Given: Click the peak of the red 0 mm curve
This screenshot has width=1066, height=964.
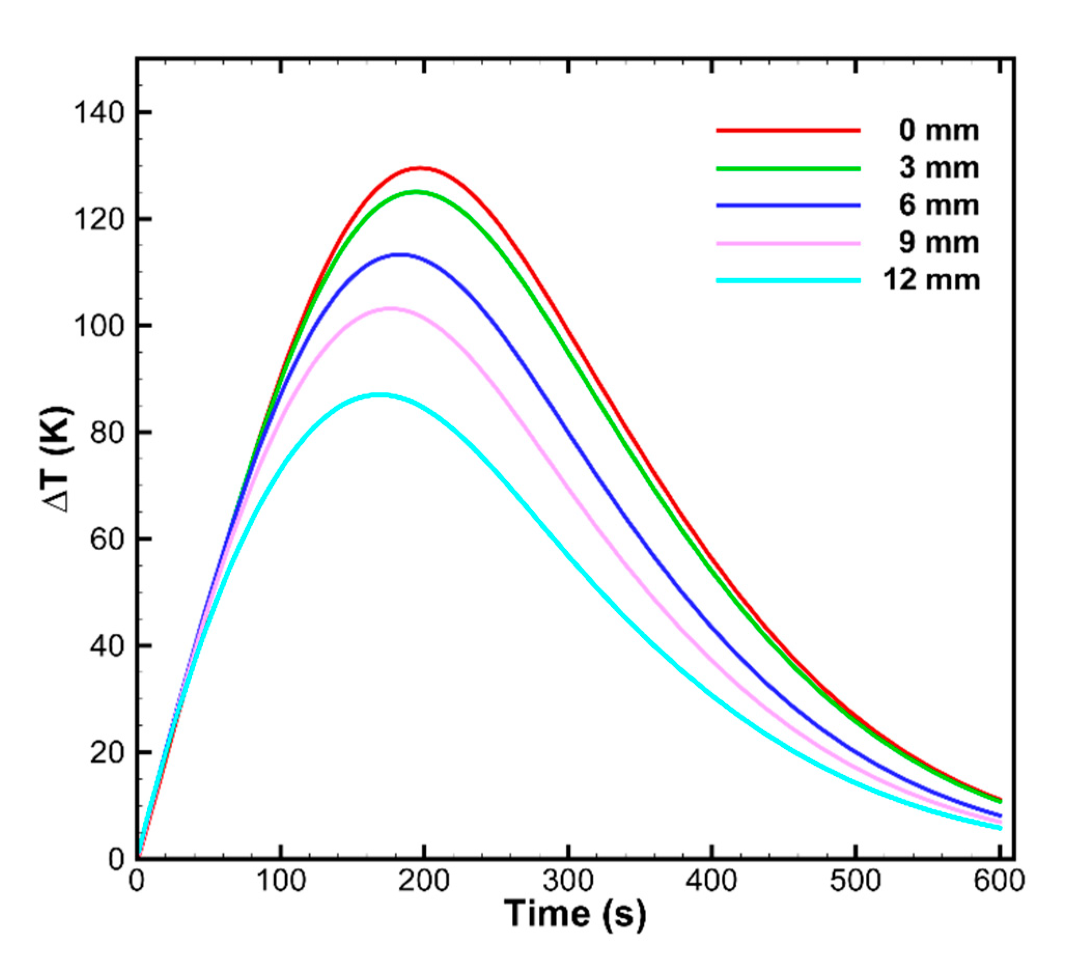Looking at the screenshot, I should coord(421,168).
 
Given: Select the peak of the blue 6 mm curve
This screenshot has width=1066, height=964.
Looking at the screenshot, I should coord(403,255).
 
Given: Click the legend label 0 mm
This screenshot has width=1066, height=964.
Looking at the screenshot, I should coord(938,130).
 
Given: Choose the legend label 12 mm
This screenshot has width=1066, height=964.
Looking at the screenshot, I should coord(931,280).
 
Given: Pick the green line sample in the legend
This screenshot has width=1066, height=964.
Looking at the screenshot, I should coord(788,168).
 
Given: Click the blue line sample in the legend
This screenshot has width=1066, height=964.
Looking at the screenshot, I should coord(788,205).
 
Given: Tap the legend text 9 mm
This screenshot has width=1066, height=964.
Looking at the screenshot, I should coord(938,243).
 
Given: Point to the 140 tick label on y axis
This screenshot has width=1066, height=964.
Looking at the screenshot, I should coord(99,113).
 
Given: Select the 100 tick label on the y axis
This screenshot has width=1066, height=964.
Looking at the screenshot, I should coord(99,326).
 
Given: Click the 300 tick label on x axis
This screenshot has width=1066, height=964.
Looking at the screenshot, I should coord(568,882).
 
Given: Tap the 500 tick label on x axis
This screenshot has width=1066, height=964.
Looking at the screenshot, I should coord(855,882).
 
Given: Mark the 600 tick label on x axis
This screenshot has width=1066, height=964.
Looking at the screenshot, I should coord(999,882).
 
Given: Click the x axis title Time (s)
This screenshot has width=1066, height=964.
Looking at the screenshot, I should coord(575,914).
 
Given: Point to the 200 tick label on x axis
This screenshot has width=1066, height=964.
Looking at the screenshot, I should coord(424,882).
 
